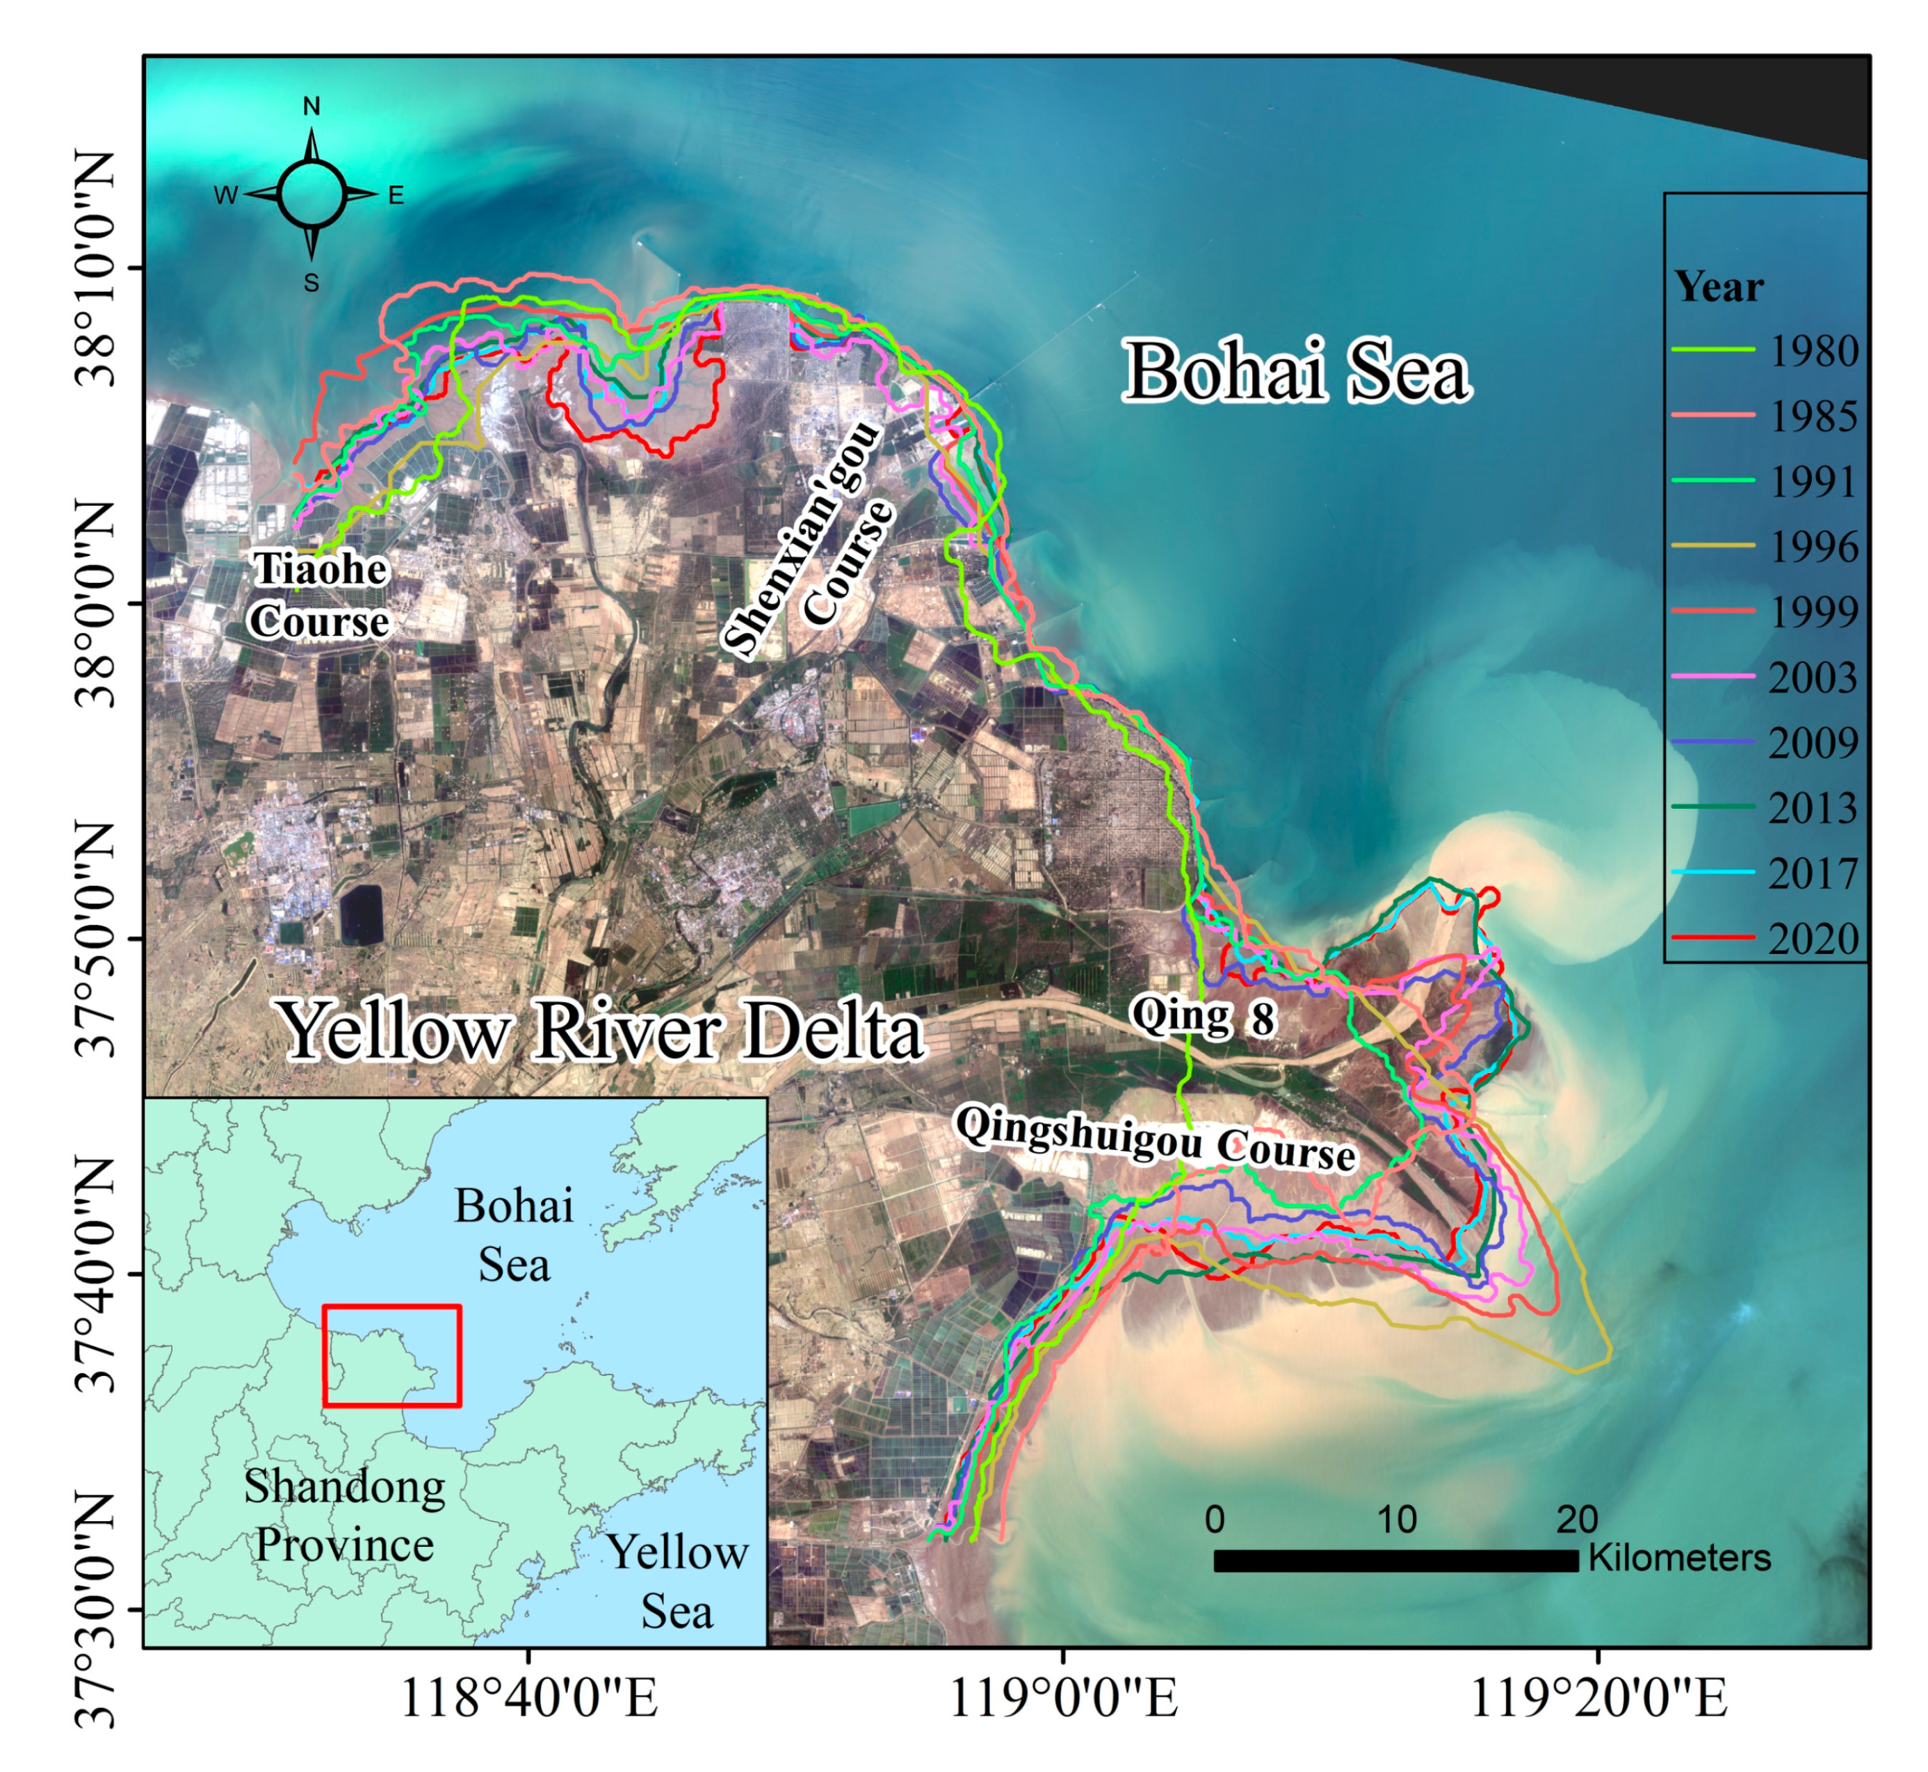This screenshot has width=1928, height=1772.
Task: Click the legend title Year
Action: click(1718, 287)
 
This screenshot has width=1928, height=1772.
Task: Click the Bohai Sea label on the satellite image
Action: click(1296, 372)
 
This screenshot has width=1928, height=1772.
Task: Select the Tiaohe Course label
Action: click(319, 596)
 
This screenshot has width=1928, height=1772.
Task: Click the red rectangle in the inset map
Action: click(391, 1356)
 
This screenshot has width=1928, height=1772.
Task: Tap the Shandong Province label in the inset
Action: click(344, 1515)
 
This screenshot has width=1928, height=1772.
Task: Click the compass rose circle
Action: click(311, 194)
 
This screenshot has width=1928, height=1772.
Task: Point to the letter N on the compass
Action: click(311, 106)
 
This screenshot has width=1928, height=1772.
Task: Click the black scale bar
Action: click(1395, 1561)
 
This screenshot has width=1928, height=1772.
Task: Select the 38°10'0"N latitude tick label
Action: click(96, 268)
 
